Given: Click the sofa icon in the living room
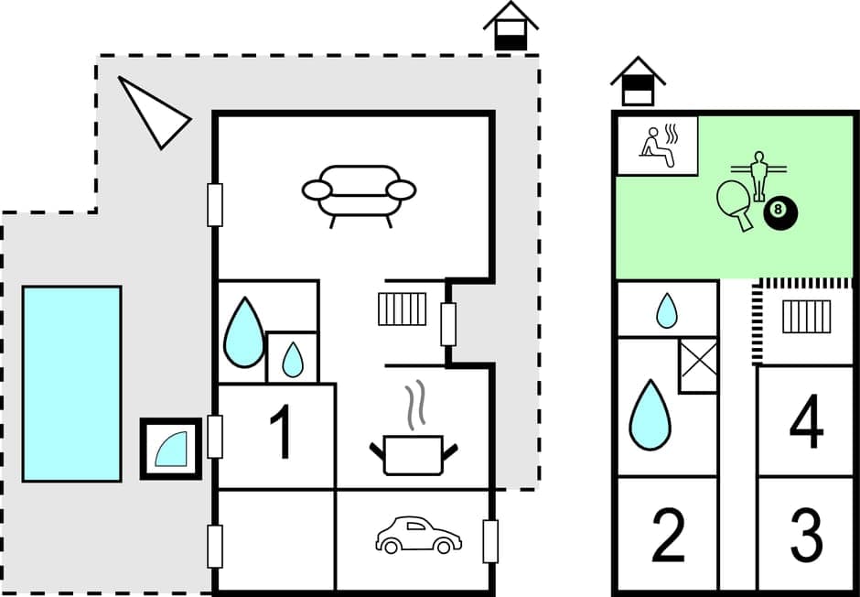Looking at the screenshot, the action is pos(359,193).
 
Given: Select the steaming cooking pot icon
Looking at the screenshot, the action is pos(413,442).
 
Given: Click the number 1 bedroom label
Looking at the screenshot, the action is pos(284,433).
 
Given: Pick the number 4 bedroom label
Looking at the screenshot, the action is pos(806,423).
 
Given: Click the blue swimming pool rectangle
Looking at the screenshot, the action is pos(72,384).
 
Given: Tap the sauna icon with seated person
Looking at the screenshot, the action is pos(657,145).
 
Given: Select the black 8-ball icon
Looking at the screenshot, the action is pos(779,212).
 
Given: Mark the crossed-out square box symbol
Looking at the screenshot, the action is pos(698,365).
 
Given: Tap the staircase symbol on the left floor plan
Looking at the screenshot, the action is pos(403,309).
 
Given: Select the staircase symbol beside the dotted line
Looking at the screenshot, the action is pos(806,317).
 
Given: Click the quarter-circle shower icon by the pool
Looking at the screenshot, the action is pos(171,449).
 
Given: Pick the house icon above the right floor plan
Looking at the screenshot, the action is pos(638,82).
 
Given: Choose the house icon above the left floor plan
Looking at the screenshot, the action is pos(510,26).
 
